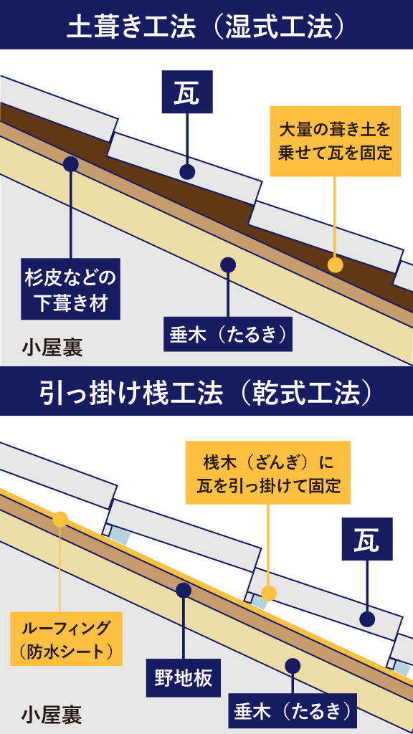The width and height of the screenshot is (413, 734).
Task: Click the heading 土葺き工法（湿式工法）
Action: [206, 28]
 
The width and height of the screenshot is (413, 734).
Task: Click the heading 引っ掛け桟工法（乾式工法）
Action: [206, 395]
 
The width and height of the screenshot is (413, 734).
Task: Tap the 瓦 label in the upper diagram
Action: [187, 92]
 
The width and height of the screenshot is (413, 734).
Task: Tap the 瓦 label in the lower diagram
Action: [367, 539]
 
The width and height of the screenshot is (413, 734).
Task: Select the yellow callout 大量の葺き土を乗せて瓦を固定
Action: [335, 141]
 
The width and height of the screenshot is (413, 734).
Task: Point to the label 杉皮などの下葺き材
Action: [71, 289]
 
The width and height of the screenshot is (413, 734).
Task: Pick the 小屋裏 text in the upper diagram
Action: [52, 349]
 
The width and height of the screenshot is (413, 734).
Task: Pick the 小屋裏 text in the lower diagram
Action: [52, 715]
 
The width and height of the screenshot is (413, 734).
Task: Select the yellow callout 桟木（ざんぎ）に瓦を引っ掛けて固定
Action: [268, 472]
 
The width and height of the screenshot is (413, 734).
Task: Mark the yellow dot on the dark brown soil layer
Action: [335, 265]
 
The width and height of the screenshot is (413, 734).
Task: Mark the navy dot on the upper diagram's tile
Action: [187, 172]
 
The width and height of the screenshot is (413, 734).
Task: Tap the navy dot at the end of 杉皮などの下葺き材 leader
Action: [71, 163]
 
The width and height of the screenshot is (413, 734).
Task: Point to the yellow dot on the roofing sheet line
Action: [60, 519]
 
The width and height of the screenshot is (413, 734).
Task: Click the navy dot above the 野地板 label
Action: [184, 591]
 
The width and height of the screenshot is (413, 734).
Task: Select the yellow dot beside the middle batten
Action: [268, 594]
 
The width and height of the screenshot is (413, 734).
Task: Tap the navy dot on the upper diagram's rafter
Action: [228, 264]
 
